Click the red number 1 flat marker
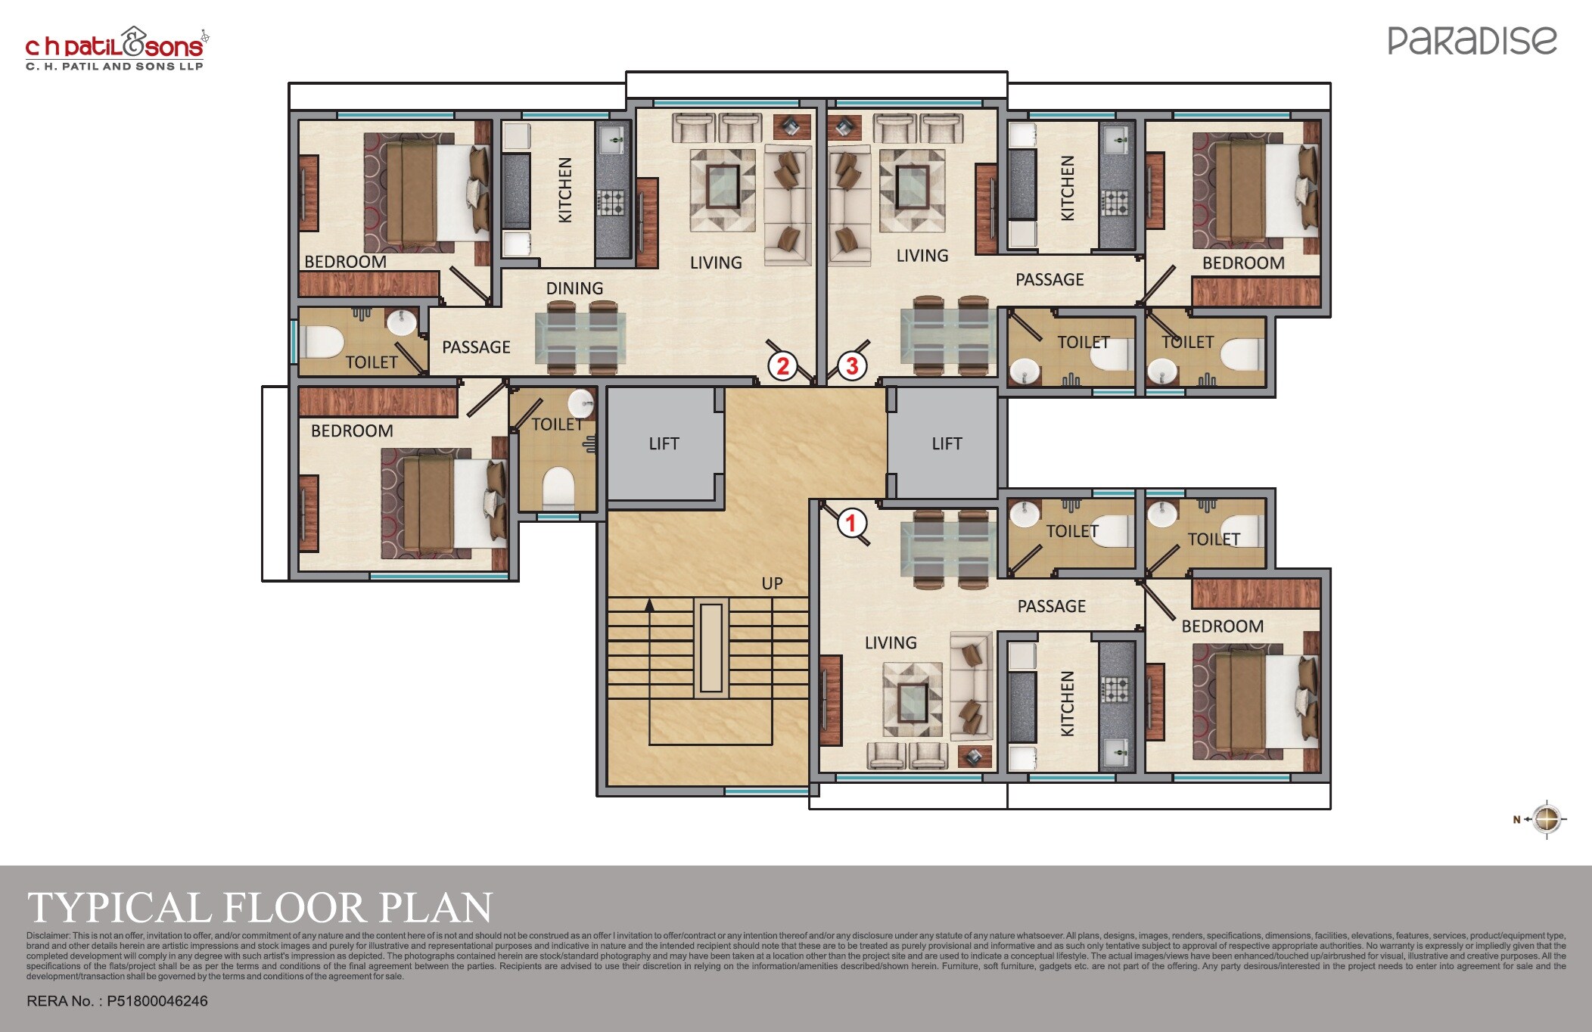point(850,523)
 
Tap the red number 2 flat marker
point(782,366)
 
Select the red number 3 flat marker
point(852,366)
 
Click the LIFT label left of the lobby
point(664,444)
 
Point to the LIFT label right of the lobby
point(947,444)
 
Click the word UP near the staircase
point(772,583)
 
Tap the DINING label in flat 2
point(574,288)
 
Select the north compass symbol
point(1545,819)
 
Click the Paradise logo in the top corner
point(1472,41)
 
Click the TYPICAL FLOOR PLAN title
point(260,907)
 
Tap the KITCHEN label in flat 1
point(1067,704)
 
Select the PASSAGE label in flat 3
point(1049,280)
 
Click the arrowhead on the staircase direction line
point(649,605)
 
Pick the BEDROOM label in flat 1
point(1222,626)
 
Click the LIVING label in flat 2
point(715,263)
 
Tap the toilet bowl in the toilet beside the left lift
point(558,486)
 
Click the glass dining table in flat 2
point(580,337)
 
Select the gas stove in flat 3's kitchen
point(1113,201)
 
